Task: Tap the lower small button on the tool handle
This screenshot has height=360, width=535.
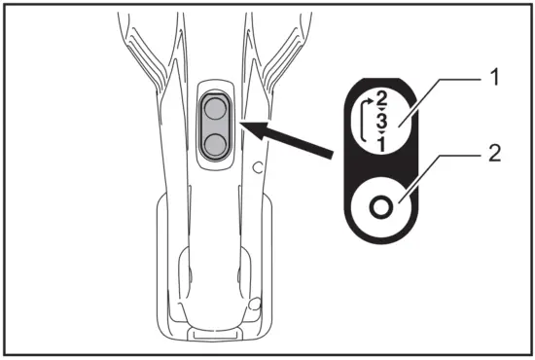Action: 213,144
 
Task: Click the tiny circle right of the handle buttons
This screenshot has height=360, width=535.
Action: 257,168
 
